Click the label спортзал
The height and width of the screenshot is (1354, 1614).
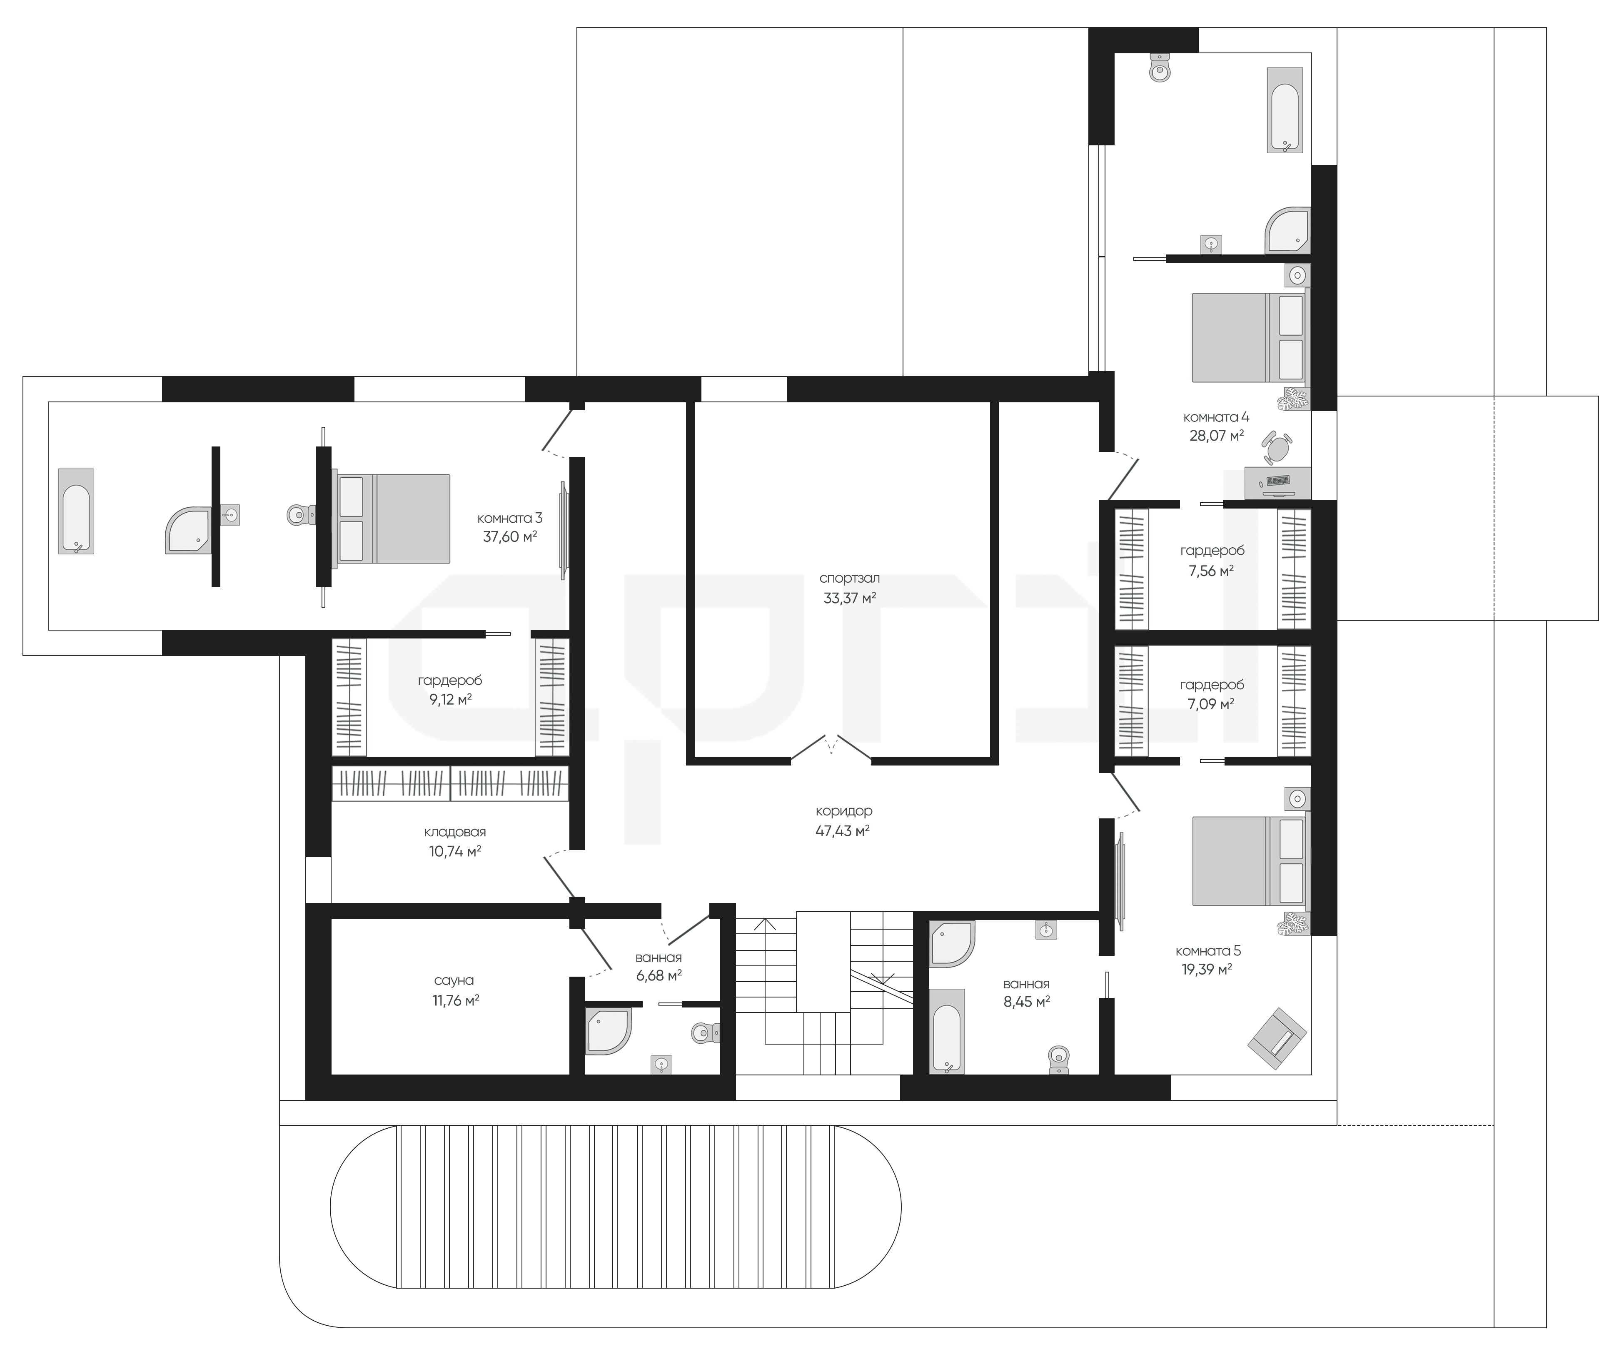pos(849,578)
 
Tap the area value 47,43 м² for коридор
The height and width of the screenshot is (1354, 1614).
pos(842,831)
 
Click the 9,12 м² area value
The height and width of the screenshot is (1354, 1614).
pos(450,699)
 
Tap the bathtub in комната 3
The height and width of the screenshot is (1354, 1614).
pos(76,511)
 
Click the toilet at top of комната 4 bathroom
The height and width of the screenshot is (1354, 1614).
pos(1160,67)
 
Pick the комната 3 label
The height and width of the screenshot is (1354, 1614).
pos(509,518)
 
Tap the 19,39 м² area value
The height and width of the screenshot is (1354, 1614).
pos(1207,969)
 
